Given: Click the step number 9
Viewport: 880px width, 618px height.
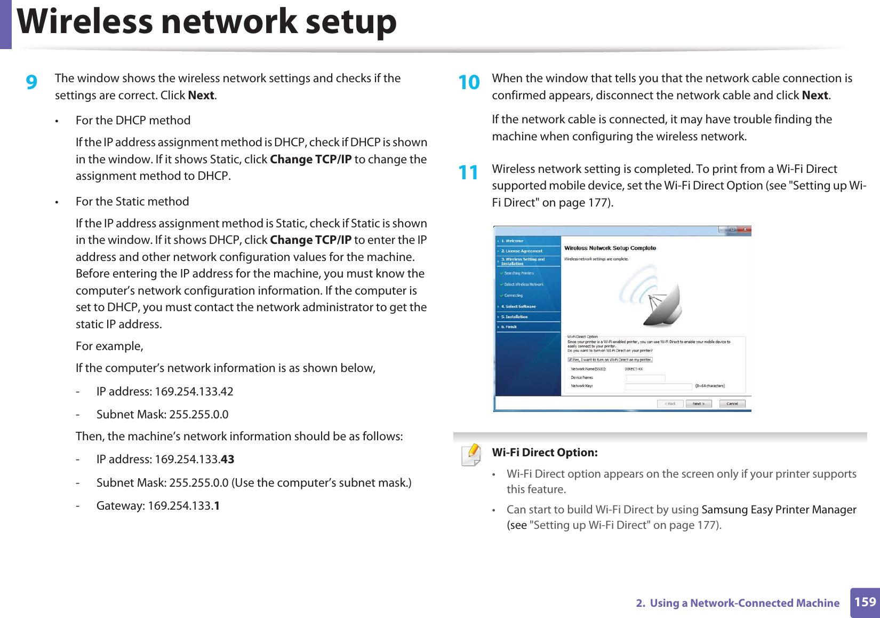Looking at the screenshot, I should pos(32,82).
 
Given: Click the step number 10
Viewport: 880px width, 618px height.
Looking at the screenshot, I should pos(469,82).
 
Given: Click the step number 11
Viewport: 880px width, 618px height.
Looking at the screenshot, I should pos(468,172).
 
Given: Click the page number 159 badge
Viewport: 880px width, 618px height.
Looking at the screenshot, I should pos(865,602).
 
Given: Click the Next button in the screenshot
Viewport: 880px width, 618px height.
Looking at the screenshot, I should pos(698,404).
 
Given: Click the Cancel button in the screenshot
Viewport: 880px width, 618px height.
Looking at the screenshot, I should pos(732,404).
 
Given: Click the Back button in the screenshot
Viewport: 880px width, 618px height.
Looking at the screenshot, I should pos(670,404).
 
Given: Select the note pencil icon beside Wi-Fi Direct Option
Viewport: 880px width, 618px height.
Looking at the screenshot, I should pos(471,455).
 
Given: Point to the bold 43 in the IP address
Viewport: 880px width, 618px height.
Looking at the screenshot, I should pos(227,459).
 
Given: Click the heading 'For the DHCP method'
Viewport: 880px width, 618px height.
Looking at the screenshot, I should pos(133,121).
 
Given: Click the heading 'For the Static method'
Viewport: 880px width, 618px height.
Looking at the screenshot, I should pos(132,202).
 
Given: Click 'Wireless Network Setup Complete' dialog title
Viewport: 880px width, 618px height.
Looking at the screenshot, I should pos(610,248).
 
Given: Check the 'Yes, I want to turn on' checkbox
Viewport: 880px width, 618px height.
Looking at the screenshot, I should pos(570,360).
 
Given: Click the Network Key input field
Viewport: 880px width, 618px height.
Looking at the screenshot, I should pos(658,386).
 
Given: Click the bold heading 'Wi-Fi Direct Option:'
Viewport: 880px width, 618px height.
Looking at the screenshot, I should pos(545,453).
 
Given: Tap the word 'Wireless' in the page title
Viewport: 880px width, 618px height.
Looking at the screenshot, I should pos(86,22).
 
